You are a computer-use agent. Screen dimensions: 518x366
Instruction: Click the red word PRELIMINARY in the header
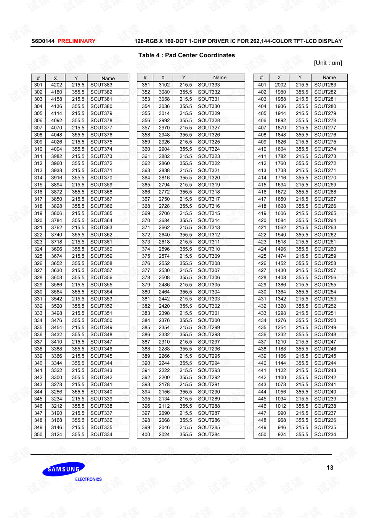[76, 41]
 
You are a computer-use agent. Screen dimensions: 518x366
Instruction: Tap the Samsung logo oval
[63, 469]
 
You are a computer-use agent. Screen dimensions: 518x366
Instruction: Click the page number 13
[330, 468]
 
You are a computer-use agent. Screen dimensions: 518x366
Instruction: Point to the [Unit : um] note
[328, 63]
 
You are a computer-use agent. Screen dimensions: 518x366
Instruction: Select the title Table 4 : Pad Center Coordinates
[186, 55]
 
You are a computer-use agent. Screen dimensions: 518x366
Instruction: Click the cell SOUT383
[101, 85]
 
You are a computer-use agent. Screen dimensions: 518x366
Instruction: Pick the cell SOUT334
[101, 434]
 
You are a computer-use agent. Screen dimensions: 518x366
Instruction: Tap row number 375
[146, 256]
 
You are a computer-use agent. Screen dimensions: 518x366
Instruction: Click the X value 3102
[164, 85]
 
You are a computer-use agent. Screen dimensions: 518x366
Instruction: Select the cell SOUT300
[209, 320]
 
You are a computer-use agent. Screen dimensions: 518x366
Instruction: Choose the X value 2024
[164, 434]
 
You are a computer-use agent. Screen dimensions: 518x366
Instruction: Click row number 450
[262, 434]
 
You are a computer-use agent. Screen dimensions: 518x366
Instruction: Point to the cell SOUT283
[325, 85]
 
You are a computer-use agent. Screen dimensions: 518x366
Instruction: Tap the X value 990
[282, 413]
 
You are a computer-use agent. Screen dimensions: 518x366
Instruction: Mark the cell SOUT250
[325, 320]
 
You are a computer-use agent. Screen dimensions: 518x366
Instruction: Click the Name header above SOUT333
[220, 77]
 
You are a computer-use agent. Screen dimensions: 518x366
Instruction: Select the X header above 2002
[279, 77]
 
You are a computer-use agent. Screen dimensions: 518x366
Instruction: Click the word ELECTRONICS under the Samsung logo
[88, 479]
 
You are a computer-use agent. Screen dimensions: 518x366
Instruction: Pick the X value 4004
[56, 149]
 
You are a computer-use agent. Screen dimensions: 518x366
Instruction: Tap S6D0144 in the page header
[43, 41]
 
